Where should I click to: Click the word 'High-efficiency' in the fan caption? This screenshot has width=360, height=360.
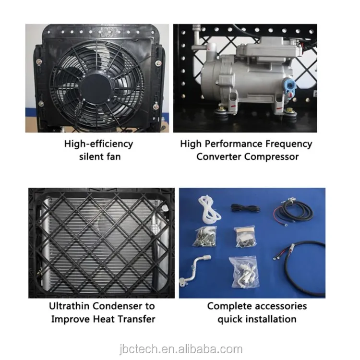(98, 144)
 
